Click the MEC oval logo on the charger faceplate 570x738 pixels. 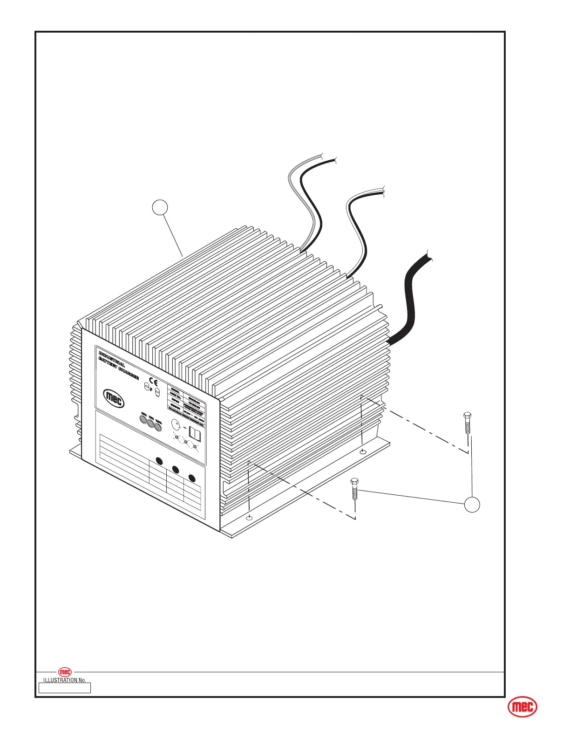(x=114, y=399)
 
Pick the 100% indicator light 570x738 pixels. (x=158, y=426)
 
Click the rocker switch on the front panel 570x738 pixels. (x=195, y=435)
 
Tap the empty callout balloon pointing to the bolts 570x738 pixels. (x=472, y=505)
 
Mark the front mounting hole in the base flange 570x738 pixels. (x=249, y=518)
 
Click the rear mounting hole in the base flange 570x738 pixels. (x=363, y=451)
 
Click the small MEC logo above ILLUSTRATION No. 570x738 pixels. (x=65, y=672)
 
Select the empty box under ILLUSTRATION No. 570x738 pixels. (x=65, y=688)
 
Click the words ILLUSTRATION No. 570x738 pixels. (x=65, y=680)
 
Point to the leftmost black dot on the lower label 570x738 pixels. (x=159, y=461)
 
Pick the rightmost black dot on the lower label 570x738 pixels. (x=191, y=478)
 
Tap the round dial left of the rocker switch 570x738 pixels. (x=176, y=424)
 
